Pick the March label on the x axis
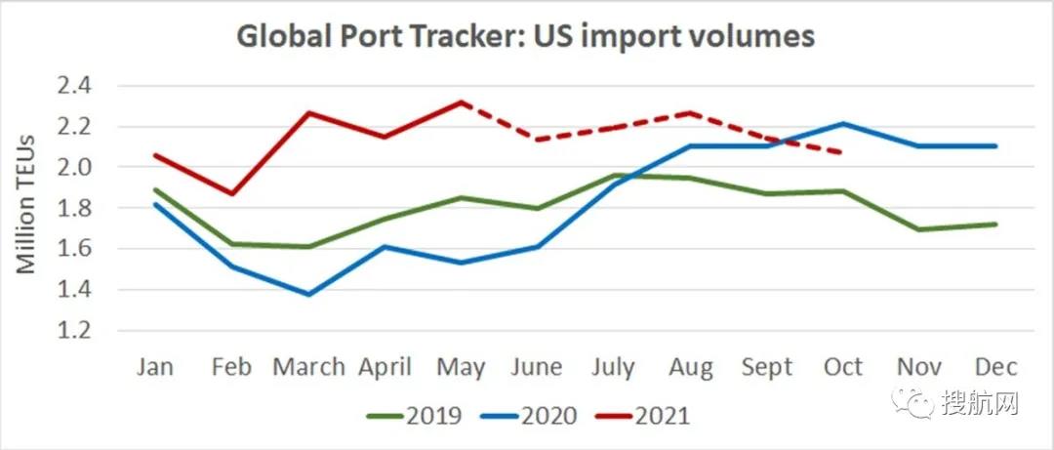tap(308, 367)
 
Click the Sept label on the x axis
tap(767, 367)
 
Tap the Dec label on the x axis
tap(996, 367)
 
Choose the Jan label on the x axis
tap(156, 367)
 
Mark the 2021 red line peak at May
tap(461, 102)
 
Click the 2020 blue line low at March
tap(308, 294)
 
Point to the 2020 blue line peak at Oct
tap(843, 124)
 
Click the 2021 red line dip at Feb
tap(232, 193)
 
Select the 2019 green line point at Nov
tap(919, 229)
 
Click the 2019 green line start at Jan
tap(156, 190)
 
